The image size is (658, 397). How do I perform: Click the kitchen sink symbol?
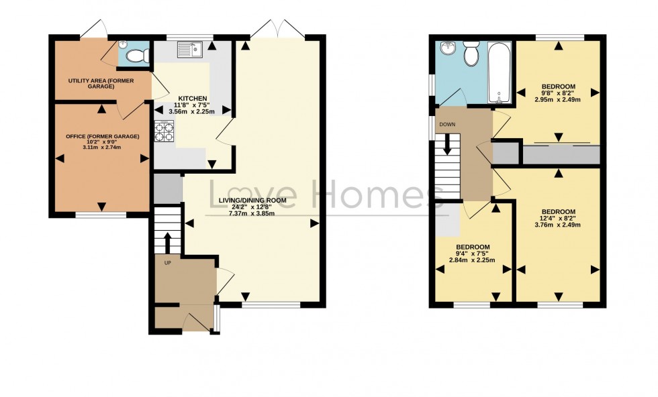(x=190, y=49)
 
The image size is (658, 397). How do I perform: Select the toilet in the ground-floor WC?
(x=137, y=56)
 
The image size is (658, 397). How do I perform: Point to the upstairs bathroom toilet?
(x=471, y=53)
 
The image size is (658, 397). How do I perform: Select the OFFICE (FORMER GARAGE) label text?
(x=102, y=137)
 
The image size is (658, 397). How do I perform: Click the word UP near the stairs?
(x=168, y=262)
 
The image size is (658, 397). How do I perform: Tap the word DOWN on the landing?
(x=448, y=125)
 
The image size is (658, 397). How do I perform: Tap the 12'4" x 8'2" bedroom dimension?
(x=557, y=218)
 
